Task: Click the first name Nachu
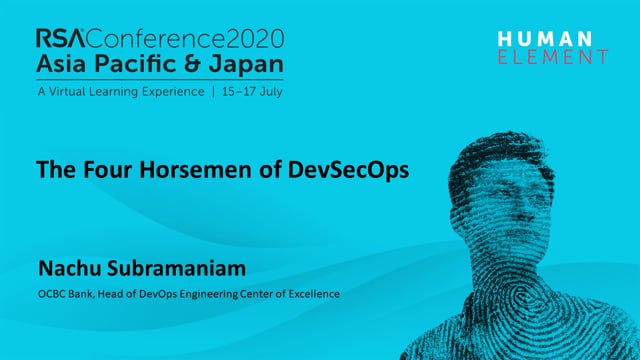(x=69, y=268)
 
